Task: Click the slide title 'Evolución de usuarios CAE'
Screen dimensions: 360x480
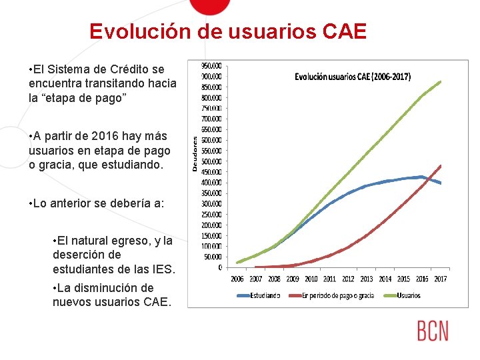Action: click(228, 31)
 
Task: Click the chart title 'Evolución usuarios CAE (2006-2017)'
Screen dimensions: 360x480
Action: click(353, 77)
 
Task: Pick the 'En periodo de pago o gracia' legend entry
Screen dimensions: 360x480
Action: click(337, 295)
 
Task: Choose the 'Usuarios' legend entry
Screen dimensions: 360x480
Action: click(408, 295)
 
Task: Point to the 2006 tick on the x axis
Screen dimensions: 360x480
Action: click(237, 279)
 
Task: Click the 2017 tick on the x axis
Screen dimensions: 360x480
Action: click(440, 279)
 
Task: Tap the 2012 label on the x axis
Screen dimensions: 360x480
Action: click(348, 279)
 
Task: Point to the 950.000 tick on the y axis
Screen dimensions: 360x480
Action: click(213, 65)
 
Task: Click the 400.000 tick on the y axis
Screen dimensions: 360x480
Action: click(213, 183)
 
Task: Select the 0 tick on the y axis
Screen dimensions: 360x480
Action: click(220, 267)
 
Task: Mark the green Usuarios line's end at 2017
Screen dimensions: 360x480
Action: click(441, 82)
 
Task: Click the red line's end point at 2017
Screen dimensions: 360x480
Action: click(441, 165)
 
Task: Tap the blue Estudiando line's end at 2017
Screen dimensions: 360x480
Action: click(441, 183)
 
